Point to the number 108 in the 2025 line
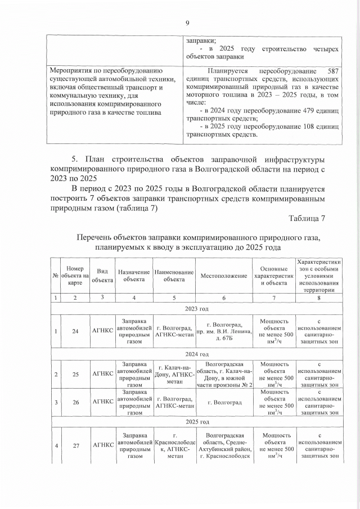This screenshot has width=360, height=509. coord(290,127)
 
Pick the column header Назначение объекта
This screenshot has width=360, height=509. coord(134,276)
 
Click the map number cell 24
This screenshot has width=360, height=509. coord(75,331)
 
